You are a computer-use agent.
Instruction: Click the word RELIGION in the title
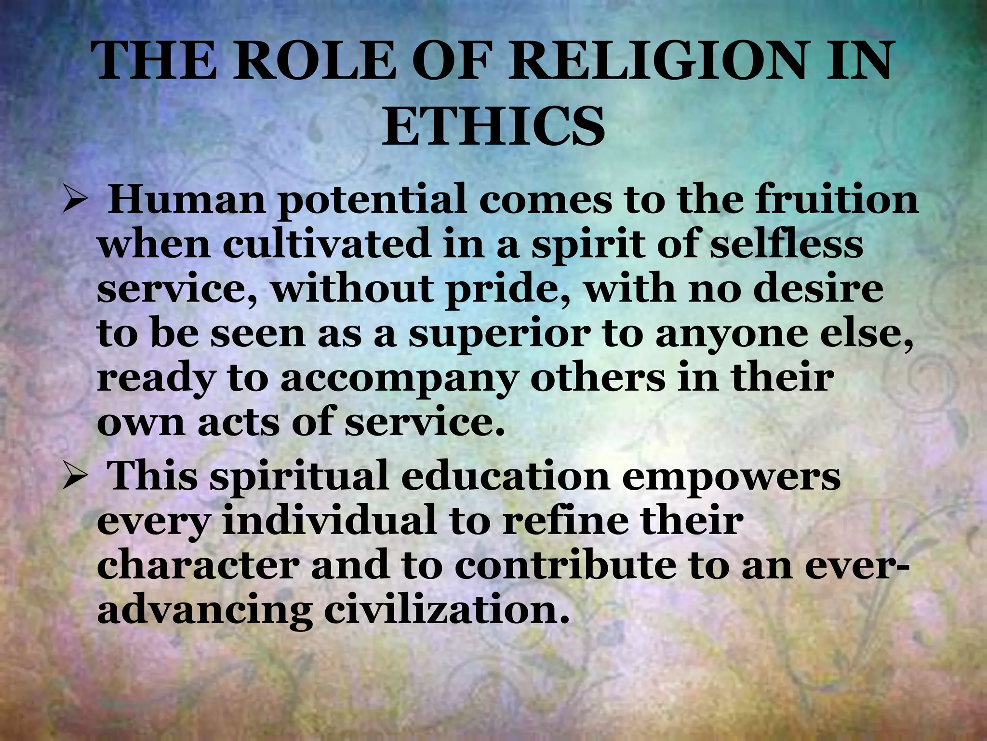point(657,61)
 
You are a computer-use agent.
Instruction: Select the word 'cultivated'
point(327,244)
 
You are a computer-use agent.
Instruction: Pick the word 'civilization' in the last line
point(443,610)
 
